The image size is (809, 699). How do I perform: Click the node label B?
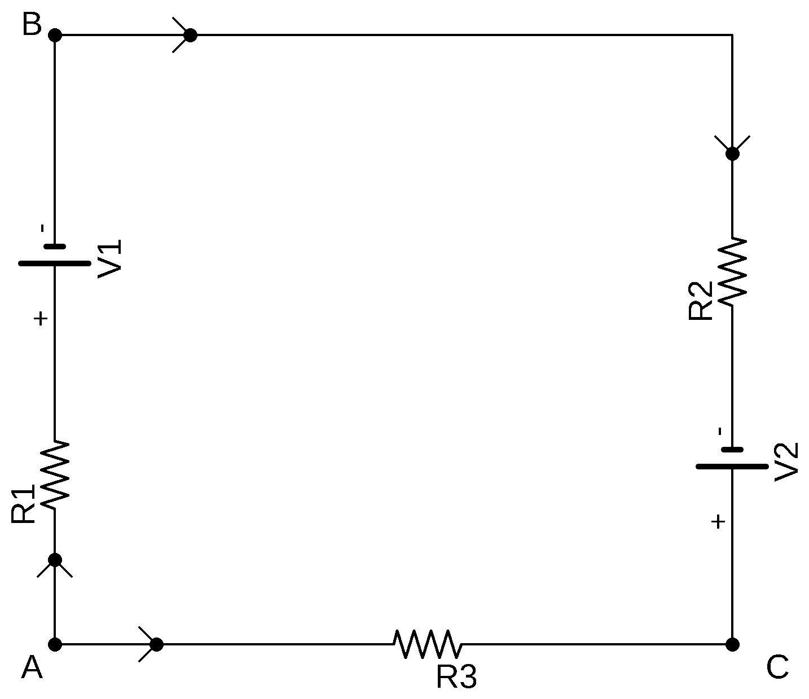[x=32, y=24]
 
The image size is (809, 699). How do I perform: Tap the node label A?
[x=32, y=668]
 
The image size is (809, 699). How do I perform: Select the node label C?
[x=777, y=668]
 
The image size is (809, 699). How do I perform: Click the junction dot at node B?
[x=55, y=35]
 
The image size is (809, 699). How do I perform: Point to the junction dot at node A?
[x=55, y=644]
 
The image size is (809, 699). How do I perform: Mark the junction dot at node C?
[x=732, y=644]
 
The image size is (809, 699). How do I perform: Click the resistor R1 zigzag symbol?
[x=55, y=475]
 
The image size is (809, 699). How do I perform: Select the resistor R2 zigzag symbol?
[x=733, y=271]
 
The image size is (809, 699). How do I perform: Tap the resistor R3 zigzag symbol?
[x=428, y=644]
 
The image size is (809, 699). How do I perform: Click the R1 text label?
[x=23, y=504]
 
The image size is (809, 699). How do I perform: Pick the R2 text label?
[x=700, y=301]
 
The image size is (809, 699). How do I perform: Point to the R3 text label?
[x=456, y=678]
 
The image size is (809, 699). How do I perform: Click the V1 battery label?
[x=110, y=259]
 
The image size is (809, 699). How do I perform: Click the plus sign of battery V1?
[x=40, y=319]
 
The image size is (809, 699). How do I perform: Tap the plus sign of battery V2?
[x=718, y=522]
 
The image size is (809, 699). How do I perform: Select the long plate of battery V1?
[x=55, y=263]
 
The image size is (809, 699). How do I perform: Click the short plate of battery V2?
[x=732, y=450]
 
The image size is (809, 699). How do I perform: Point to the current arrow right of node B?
[x=182, y=35]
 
